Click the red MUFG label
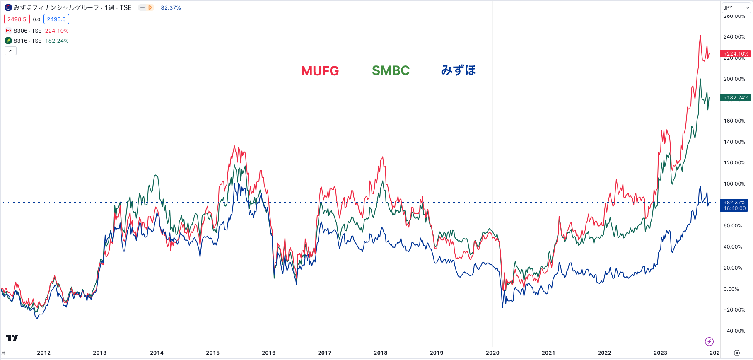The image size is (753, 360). [320, 71]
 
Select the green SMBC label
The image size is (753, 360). [391, 70]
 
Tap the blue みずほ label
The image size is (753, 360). [458, 70]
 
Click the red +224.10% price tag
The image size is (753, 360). [736, 54]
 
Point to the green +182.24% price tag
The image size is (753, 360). [736, 98]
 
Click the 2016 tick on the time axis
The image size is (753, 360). [268, 353]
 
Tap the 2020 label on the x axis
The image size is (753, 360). [492, 353]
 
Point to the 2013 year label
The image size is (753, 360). [99, 353]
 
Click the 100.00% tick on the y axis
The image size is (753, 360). [734, 184]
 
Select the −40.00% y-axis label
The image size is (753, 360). [734, 331]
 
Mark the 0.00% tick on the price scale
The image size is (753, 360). [731, 289]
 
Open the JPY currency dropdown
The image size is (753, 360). [736, 8]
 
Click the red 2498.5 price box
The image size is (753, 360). [17, 19]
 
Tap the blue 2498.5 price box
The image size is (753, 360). [56, 19]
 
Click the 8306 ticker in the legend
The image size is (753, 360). [21, 31]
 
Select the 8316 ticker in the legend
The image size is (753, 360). [21, 41]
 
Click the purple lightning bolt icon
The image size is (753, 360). [709, 341]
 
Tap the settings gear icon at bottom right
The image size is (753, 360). [736, 353]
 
